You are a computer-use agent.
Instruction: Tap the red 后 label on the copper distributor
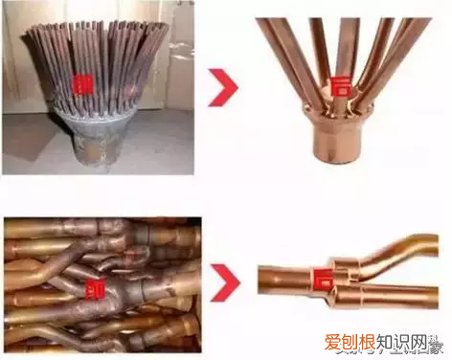(x=339, y=87)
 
